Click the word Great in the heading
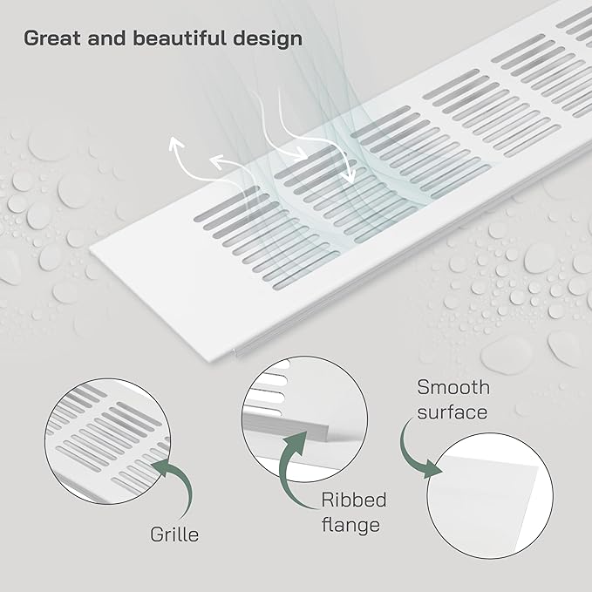tap(52, 38)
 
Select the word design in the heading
tap(268, 38)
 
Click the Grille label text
tap(174, 534)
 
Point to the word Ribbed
tap(354, 500)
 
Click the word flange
tap(350, 525)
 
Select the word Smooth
tap(453, 387)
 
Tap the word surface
tap(453, 412)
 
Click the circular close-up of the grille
tap(107, 441)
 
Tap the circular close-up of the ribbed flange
tap(304, 419)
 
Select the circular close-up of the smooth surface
tap(490, 496)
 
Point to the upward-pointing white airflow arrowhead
tap(175, 144)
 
